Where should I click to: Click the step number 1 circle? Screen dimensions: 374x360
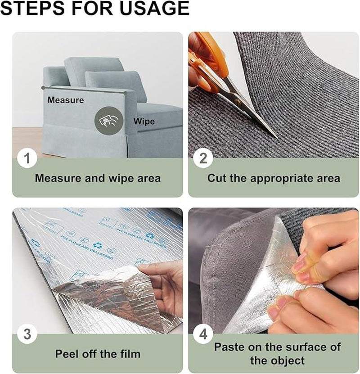pyautogui.click(x=27, y=158)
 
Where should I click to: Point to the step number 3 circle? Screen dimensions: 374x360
pyautogui.click(x=27, y=334)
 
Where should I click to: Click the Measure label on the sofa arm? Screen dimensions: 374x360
pyautogui.click(x=66, y=100)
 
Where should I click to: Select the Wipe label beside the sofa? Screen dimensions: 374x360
pyautogui.click(x=144, y=122)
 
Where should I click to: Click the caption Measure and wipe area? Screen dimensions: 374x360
pyautogui.click(x=98, y=178)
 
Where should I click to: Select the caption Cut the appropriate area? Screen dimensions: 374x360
pyautogui.click(x=274, y=178)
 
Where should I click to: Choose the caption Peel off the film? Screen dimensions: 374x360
pyautogui.click(x=98, y=354)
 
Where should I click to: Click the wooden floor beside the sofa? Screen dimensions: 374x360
pyautogui.click(x=27, y=140)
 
